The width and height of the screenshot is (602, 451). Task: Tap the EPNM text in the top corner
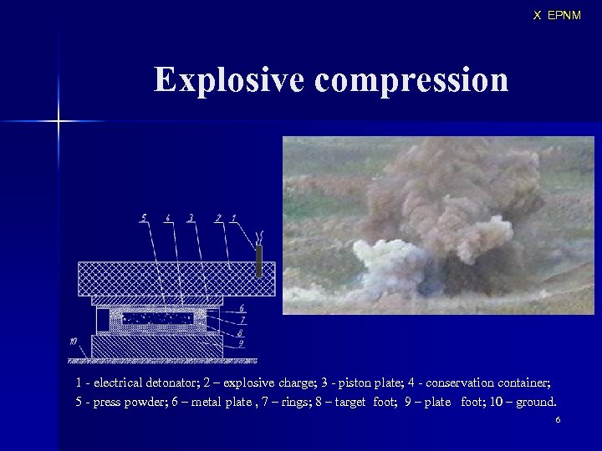tap(564, 15)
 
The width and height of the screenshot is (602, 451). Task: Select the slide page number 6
tap(558, 418)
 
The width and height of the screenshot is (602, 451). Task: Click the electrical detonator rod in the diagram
tap(258, 261)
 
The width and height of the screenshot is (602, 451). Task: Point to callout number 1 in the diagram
tap(232, 218)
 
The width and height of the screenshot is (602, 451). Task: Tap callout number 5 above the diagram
tap(144, 218)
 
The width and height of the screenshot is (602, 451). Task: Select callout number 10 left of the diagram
tap(74, 341)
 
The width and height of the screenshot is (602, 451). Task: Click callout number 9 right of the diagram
tap(241, 342)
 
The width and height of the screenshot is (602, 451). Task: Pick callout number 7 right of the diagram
tap(241, 320)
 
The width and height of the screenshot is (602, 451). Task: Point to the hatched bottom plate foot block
tap(156, 346)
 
